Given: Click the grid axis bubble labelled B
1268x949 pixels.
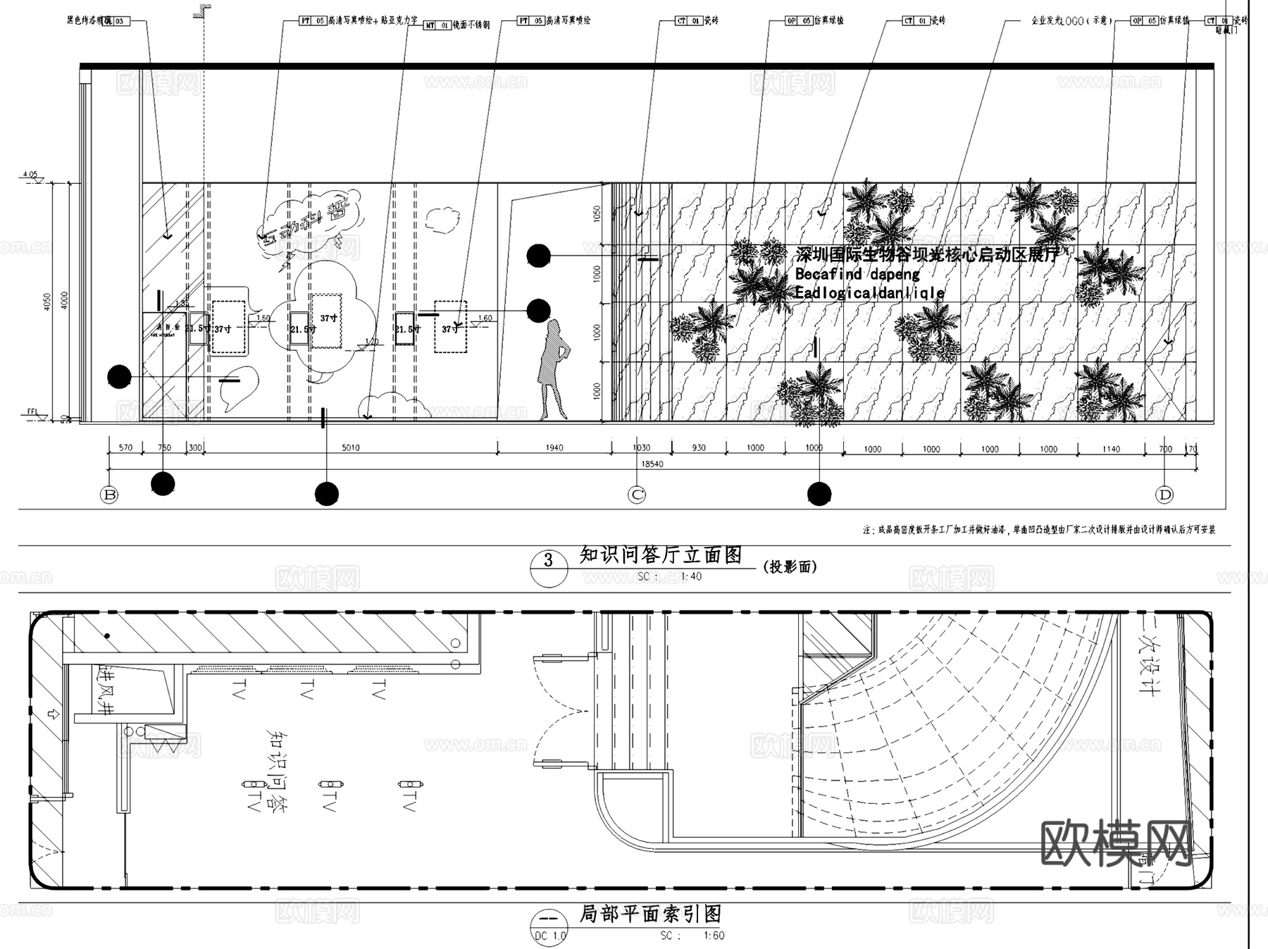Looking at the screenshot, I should click(109, 495).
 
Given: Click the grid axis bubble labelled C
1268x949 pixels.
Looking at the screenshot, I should click(637, 495).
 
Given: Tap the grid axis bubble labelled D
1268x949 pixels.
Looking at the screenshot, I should click(1165, 495).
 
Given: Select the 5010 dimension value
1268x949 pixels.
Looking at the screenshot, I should click(350, 447).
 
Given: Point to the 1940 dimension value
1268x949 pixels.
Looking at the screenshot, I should click(554, 447).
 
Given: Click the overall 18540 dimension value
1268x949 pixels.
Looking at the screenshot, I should click(652, 464).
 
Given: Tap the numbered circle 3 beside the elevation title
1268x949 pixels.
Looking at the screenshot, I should click(548, 562).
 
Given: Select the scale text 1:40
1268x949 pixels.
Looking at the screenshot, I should click(691, 576).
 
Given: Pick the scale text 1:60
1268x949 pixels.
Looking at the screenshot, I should click(714, 936).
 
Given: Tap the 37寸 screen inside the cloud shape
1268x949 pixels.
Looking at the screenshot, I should click(328, 319).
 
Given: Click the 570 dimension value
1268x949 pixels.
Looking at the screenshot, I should click(125, 447).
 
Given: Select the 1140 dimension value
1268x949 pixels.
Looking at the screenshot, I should click(1111, 449).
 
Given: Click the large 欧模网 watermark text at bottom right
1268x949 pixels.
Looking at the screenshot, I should click(1117, 843).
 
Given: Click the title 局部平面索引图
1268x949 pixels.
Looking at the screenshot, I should click(650, 914).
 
